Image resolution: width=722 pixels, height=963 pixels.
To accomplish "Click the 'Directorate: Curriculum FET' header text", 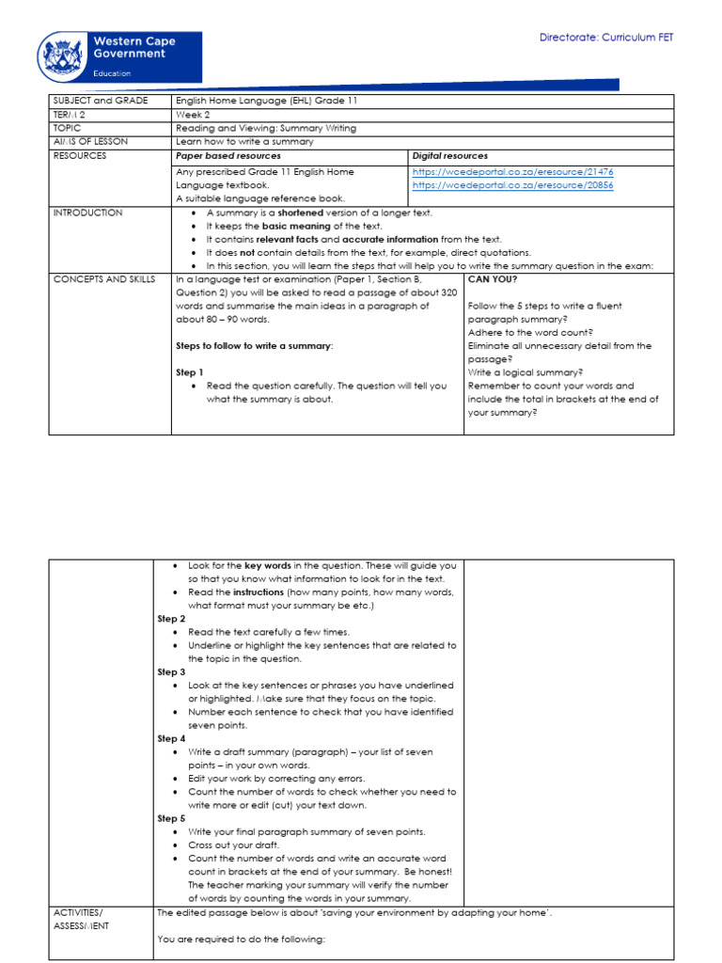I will (605, 38).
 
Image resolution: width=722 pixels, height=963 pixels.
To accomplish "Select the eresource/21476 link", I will (512, 172).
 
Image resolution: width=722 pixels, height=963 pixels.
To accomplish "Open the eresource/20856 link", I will (512, 185).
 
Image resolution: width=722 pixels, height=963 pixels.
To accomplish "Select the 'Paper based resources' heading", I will (228, 155).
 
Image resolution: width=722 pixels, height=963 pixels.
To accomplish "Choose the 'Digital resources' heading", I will (449, 155).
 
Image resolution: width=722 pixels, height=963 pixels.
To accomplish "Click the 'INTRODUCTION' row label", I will (87, 213).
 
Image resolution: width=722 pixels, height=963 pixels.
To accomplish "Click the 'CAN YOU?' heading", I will (492, 279).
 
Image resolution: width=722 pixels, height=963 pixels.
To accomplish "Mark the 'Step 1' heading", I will (190, 372).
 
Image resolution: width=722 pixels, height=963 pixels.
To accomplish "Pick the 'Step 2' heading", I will (171, 619).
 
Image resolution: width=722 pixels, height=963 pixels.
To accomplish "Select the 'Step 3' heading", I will (171, 672).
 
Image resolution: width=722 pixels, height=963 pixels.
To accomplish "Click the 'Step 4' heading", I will (171, 738).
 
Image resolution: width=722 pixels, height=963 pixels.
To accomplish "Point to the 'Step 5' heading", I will (171, 818).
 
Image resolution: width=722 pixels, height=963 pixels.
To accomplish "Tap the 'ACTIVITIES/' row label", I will (81, 912).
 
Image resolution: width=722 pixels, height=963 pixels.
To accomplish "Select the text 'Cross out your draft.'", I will (234, 845).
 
